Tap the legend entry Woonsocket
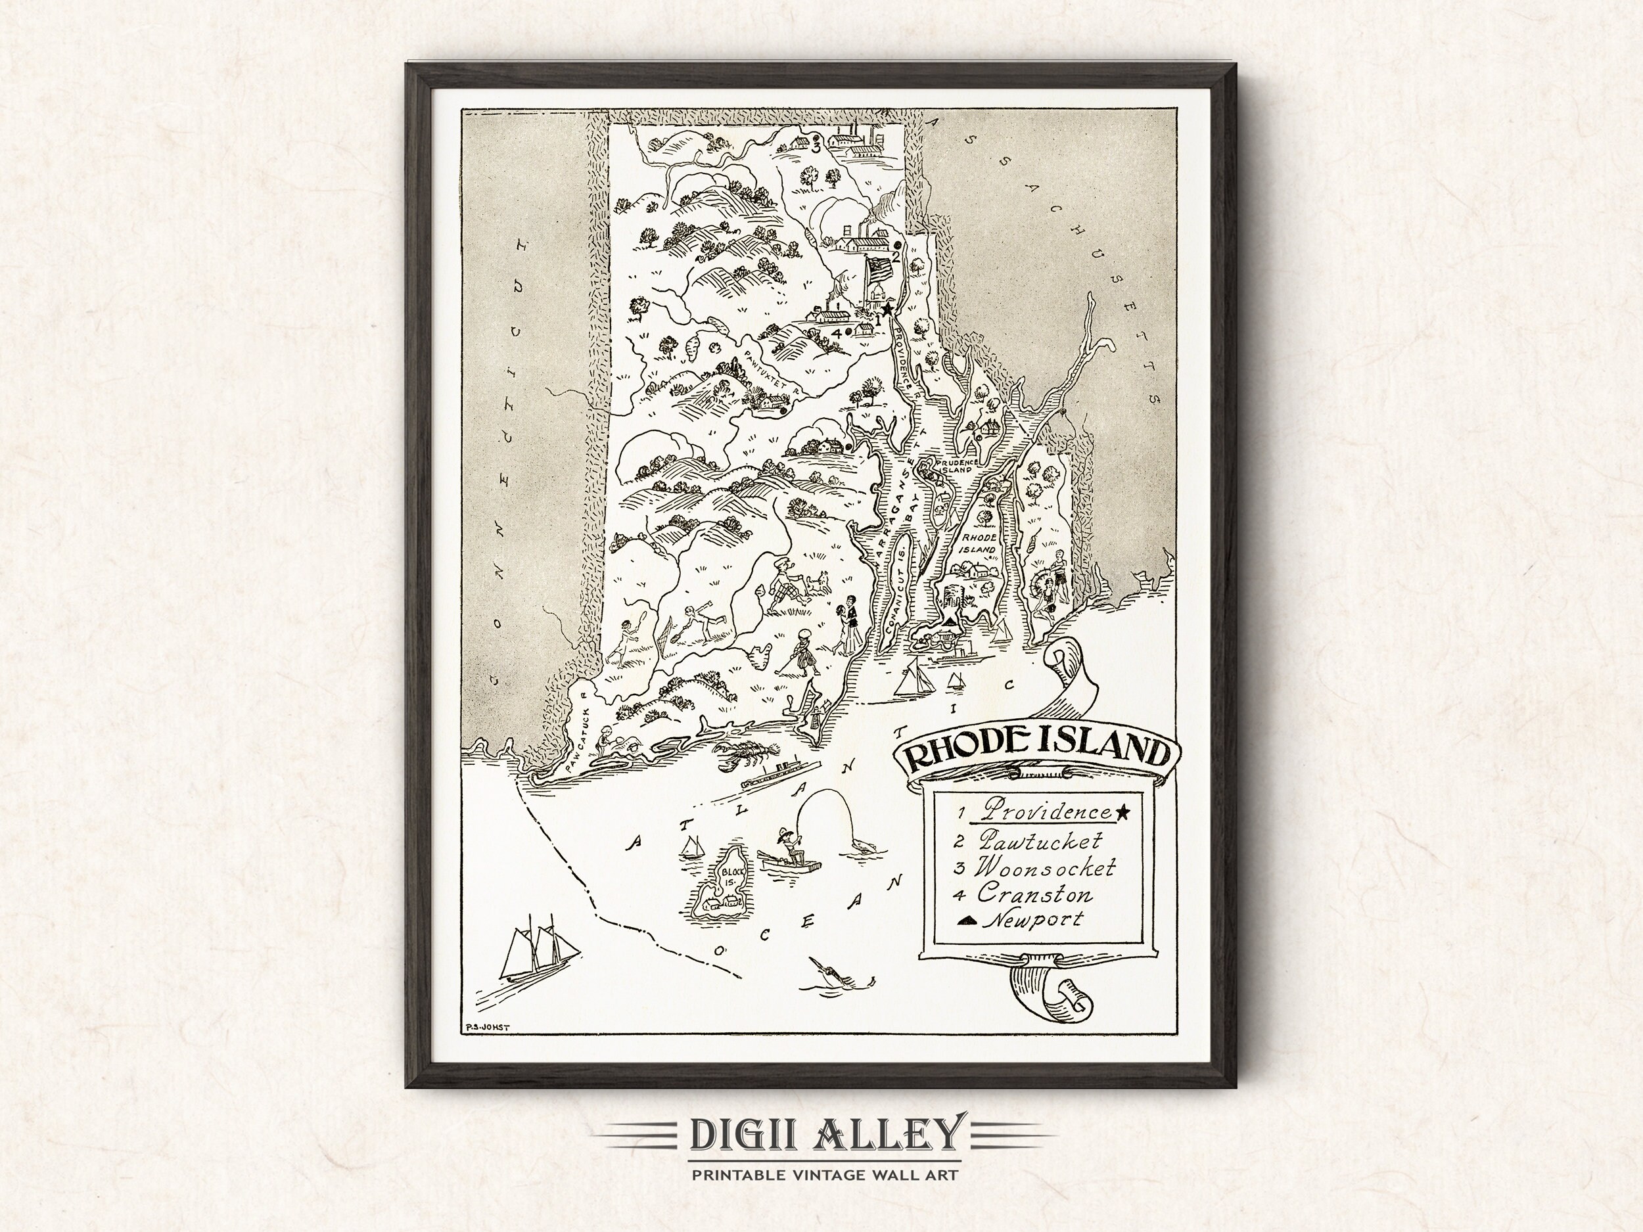tap(1045, 867)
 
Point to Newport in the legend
tap(1033, 919)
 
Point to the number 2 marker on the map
tap(896, 257)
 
